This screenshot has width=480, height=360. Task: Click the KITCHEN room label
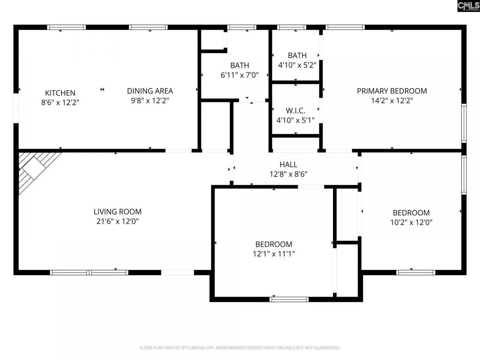tap(60, 93)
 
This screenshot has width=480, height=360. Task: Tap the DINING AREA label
tap(150, 91)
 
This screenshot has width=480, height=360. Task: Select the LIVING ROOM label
tap(117, 212)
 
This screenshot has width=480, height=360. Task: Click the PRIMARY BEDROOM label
tap(391, 91)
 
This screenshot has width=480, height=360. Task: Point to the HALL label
tap(288, 164)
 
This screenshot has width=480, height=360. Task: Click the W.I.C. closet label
tap(295, 111)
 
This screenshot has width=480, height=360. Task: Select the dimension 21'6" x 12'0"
tap(117, 222)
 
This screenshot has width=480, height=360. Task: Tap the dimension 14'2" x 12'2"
tap(391, 100)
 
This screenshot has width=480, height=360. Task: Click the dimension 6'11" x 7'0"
tap(240, 75)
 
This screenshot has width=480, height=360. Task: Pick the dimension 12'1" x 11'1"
tap(274, 254)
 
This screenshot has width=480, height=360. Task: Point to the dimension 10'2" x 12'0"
tap(411, 222)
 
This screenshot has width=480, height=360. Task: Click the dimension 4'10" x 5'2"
tap(297, 65)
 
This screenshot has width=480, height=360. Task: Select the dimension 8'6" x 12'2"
tap(60, 102)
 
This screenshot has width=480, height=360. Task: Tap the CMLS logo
tap(468, 6)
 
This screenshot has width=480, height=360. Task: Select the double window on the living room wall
tap(89, 273)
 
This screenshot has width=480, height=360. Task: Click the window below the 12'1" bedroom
tap(289, 299)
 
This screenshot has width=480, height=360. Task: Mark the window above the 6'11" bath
tap(242, 27)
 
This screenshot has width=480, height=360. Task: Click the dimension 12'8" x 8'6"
tap(288, 174)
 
